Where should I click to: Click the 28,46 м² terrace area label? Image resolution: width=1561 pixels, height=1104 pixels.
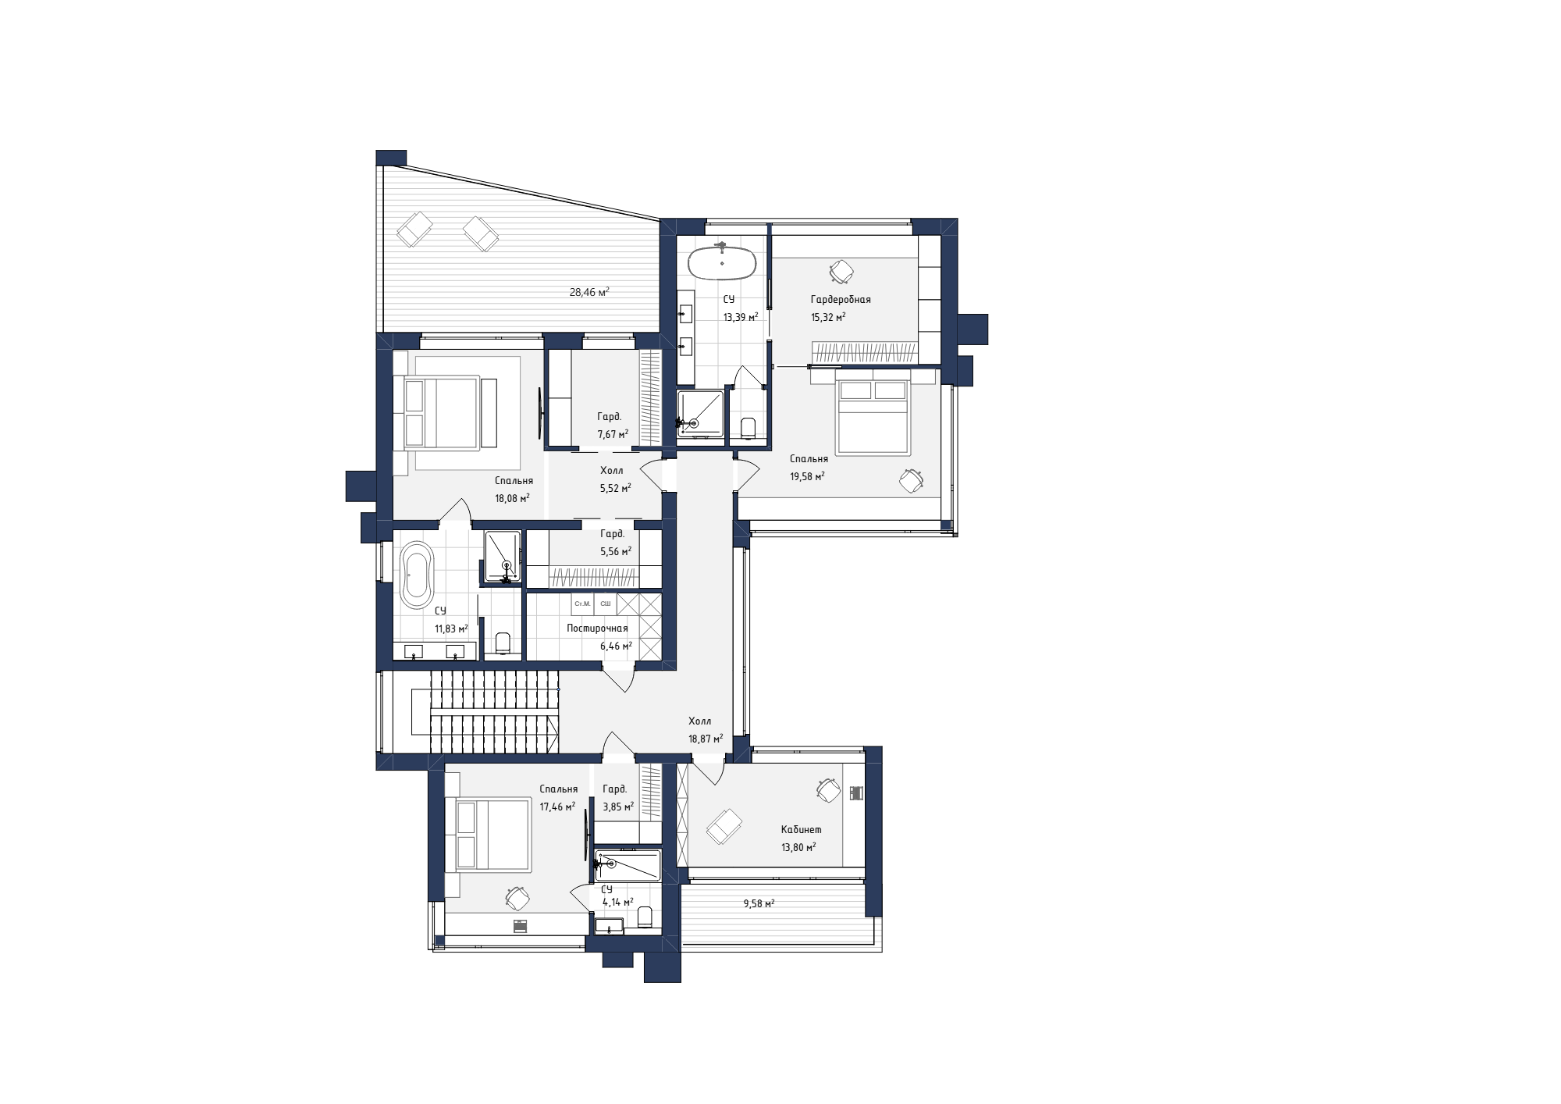(x=589, y=293)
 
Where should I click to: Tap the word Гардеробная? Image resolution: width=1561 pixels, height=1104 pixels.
(x=841, y=299)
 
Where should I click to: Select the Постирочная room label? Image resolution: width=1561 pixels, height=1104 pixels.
(x=597, y=629)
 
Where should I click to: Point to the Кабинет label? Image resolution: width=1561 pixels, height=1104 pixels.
(x=802, y=830)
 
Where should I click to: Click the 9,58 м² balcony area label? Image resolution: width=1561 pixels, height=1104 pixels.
(x=759, y=903)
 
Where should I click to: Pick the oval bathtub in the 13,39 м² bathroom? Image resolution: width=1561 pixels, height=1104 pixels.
(x=722, y=263)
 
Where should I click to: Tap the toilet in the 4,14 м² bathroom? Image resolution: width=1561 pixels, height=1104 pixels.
(x=645, y=917)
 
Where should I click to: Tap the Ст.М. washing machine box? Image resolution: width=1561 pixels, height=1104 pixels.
(x=582, y=604)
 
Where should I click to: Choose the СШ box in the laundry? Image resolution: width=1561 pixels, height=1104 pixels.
(x=606, y=604)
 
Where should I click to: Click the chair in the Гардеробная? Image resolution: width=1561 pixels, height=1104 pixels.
(x=841, y=272)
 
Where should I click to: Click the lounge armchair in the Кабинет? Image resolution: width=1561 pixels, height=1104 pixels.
(x=724, y=827)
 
